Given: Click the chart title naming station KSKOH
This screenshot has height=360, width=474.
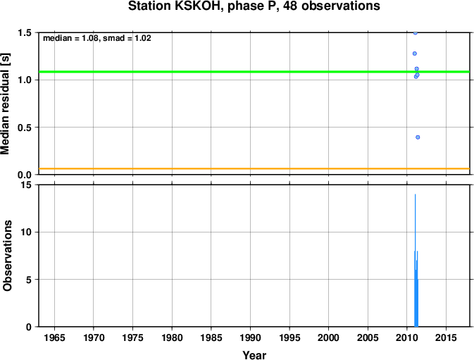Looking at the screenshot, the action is [254, 6].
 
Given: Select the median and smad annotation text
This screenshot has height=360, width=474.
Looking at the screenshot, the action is [97, 38].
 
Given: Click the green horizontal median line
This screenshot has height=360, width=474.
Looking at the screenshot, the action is [254, 72].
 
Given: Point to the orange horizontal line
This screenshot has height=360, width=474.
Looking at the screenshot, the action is [254, 168].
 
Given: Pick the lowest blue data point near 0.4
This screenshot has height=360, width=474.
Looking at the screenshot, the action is [418, 137].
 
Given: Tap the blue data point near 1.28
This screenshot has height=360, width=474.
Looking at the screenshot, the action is [415, 54].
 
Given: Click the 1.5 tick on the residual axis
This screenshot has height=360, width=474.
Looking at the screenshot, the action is [25, 32].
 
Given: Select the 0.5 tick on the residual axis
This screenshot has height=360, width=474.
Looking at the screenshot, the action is [25, 128].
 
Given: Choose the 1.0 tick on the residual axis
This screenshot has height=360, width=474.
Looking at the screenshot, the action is [25, 80].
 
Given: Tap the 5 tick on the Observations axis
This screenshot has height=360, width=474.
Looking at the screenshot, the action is [29, 280].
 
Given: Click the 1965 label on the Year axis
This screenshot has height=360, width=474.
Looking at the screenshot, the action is [54, 337].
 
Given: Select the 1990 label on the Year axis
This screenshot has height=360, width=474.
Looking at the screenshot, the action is [250, 337].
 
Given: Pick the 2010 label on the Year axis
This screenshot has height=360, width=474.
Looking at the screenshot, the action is [407, 337].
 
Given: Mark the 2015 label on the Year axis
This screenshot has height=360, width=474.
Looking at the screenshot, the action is [446, 337].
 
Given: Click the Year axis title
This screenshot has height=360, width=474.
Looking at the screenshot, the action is [254, 355].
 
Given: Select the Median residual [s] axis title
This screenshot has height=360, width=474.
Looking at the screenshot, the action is [6, 104].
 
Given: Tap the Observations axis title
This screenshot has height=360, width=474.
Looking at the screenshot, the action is [7, 256].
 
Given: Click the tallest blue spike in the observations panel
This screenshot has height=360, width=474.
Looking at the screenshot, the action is [415, 260].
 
